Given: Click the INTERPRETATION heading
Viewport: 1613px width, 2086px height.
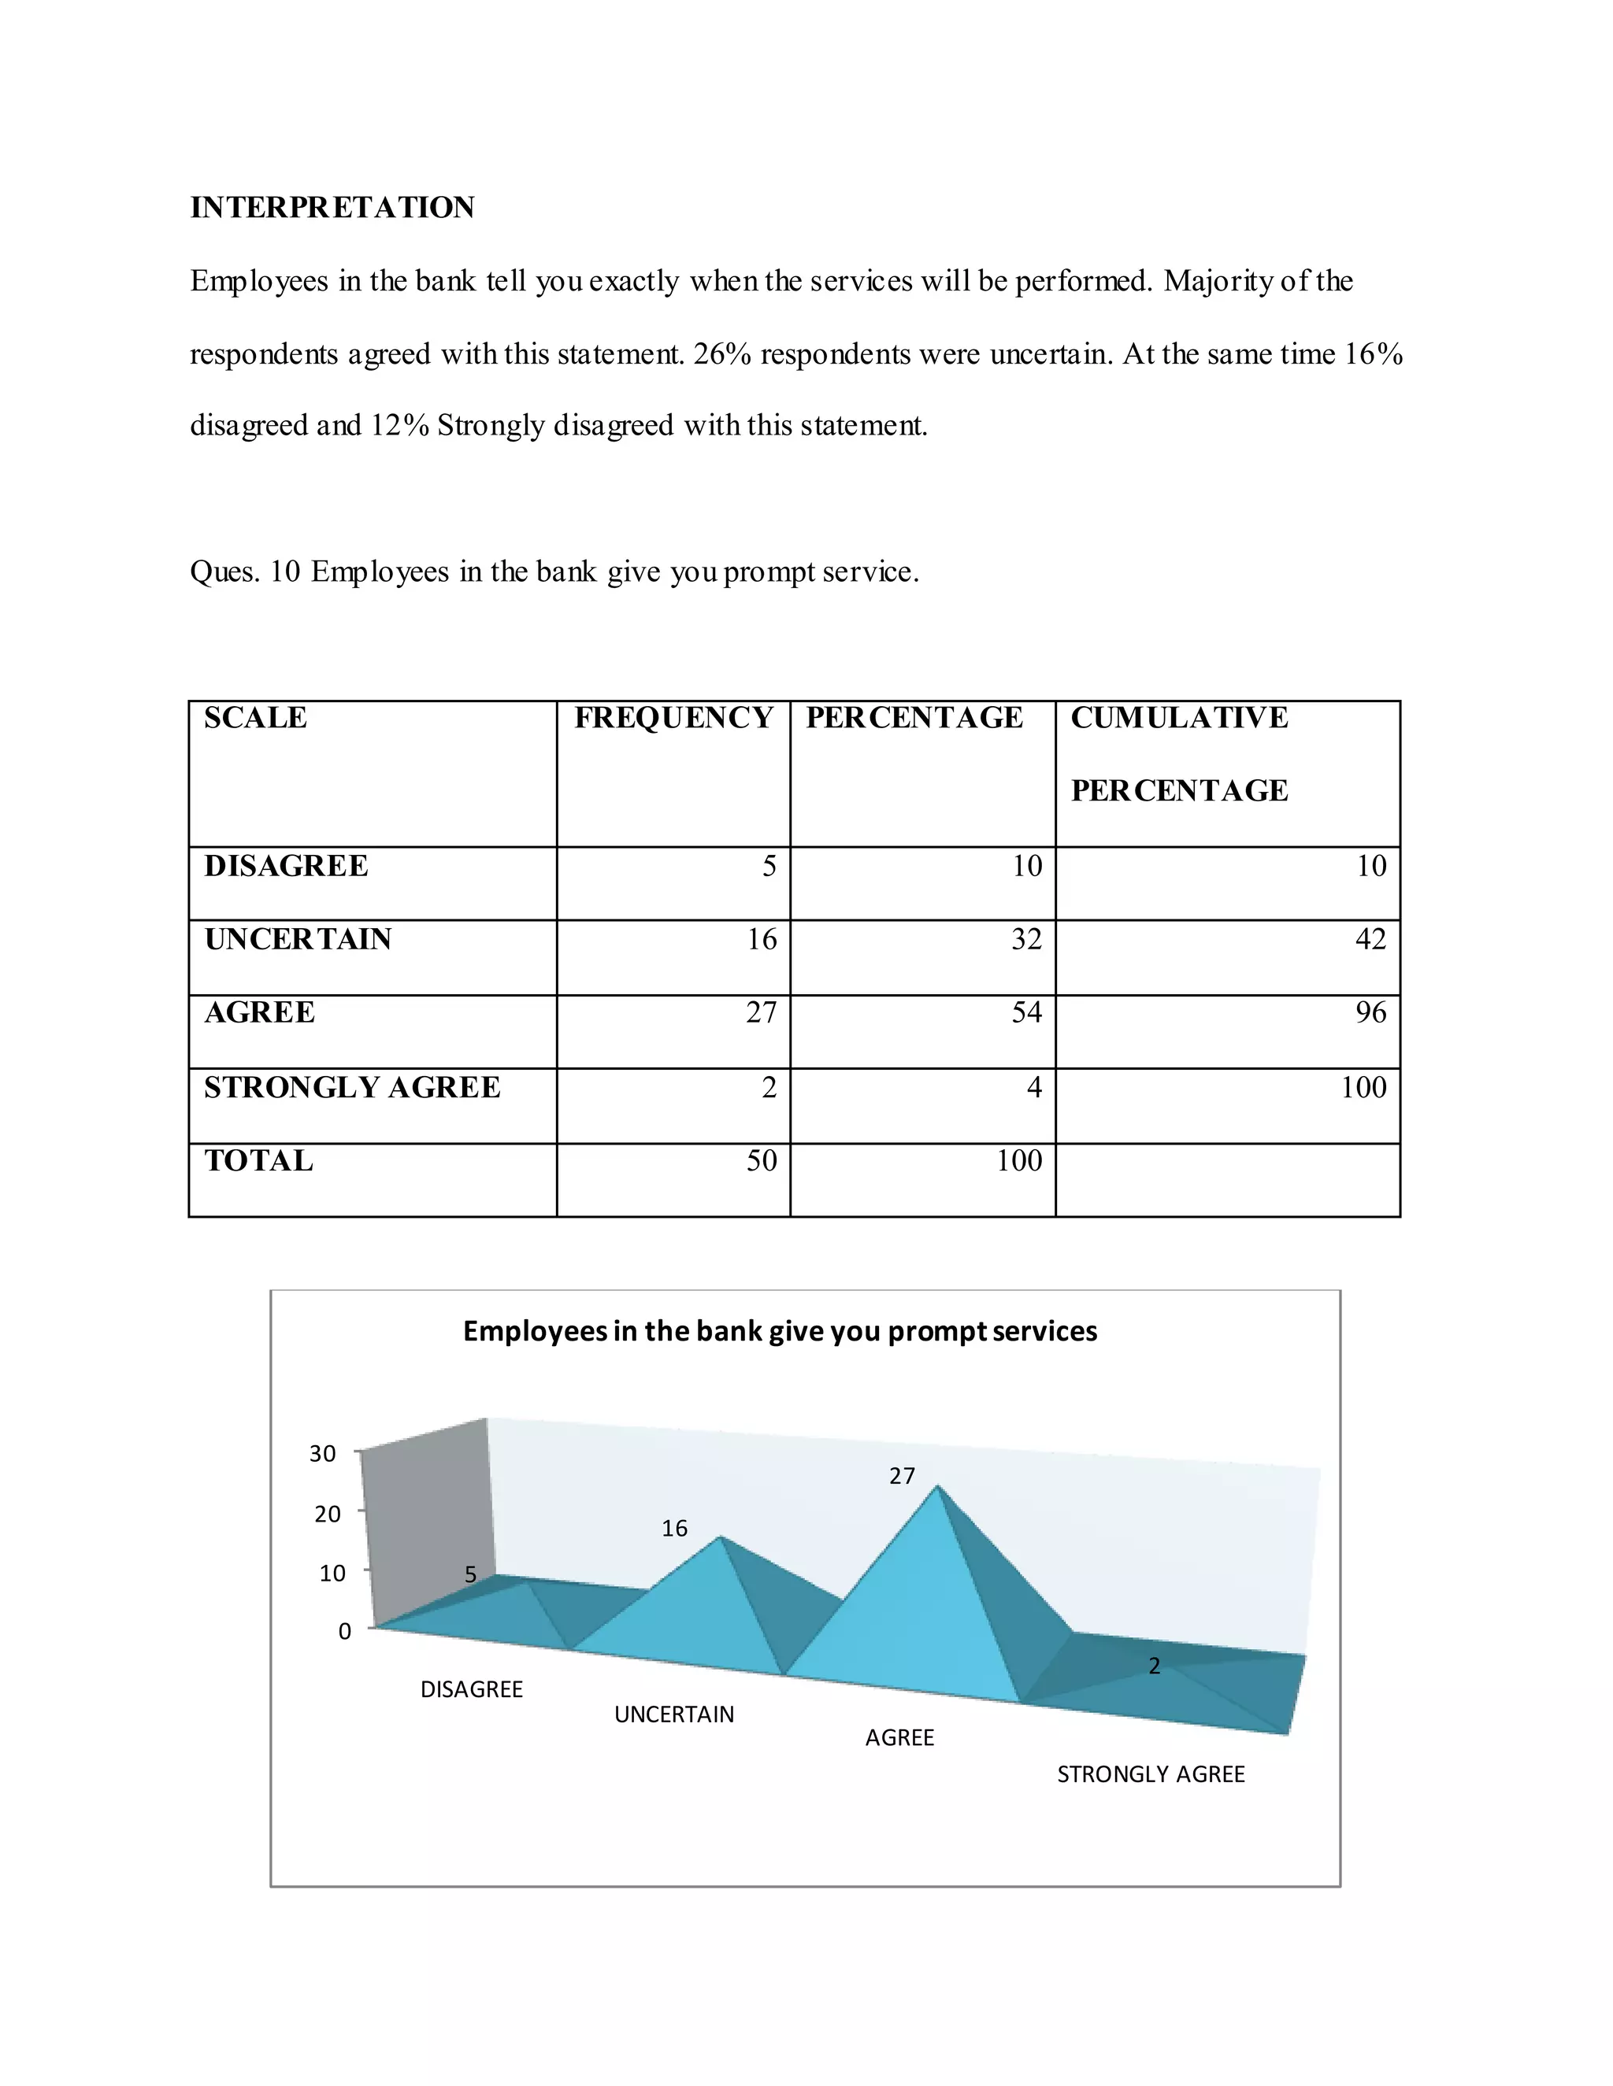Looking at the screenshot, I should [x=332, y=207].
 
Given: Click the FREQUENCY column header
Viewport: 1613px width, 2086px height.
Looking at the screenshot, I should [x=673, y=717].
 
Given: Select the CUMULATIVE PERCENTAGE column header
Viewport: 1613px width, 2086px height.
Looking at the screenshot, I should [x=1178, y=753].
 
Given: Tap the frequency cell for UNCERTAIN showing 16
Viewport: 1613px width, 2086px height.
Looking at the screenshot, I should [x=762, y=940].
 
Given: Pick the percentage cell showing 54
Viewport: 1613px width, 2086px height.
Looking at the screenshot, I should [x=1026, y=1012].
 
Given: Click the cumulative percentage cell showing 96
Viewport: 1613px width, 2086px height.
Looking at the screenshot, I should [x=1370, y=1012].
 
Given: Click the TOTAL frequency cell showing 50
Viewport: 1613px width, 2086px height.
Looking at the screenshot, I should [x=762, y=1160].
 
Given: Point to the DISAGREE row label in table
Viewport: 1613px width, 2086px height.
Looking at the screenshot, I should [x=286, y=867].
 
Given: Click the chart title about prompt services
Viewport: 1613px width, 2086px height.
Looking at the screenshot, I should [x=780, y=1331].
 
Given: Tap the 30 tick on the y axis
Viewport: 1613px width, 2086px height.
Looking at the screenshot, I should [x=323, y=1454].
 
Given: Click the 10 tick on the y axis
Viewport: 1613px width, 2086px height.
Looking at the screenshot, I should [x=332, y=1573].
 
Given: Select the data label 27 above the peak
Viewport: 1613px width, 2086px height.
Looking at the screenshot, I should [x=902, y=1477].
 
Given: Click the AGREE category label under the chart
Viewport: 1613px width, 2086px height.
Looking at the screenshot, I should [x=899, y=1738].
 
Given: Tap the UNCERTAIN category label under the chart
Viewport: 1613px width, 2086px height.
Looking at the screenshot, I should [x=673, y=1714].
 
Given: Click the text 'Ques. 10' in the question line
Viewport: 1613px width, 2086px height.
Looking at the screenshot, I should [x=245, y=572].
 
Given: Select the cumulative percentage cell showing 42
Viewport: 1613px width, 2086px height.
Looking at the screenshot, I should [x=1370, y=940].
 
